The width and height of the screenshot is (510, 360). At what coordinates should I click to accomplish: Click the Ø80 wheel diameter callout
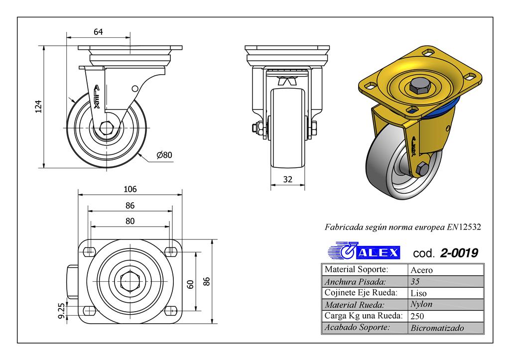coord(164,155)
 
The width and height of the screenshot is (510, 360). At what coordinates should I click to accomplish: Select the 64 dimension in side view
coord(98,32)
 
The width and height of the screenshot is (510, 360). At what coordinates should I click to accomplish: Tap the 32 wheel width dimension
coord(287,180)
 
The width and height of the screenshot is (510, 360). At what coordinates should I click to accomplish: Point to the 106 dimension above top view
coord(129,189)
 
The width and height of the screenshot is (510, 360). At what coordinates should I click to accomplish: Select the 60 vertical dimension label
coord(190,284)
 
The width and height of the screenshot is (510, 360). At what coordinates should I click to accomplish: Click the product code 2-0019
coord(459,253)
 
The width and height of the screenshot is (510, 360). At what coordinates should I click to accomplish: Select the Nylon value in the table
coord(421,304)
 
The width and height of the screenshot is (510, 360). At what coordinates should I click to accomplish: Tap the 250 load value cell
coord(417,316)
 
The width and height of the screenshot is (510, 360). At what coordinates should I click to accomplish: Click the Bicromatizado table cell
coord(437,328)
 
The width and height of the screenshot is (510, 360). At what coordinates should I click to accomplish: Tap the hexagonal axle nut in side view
coord(107,127)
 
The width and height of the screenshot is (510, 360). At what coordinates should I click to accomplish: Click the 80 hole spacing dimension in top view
coord(129,221)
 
